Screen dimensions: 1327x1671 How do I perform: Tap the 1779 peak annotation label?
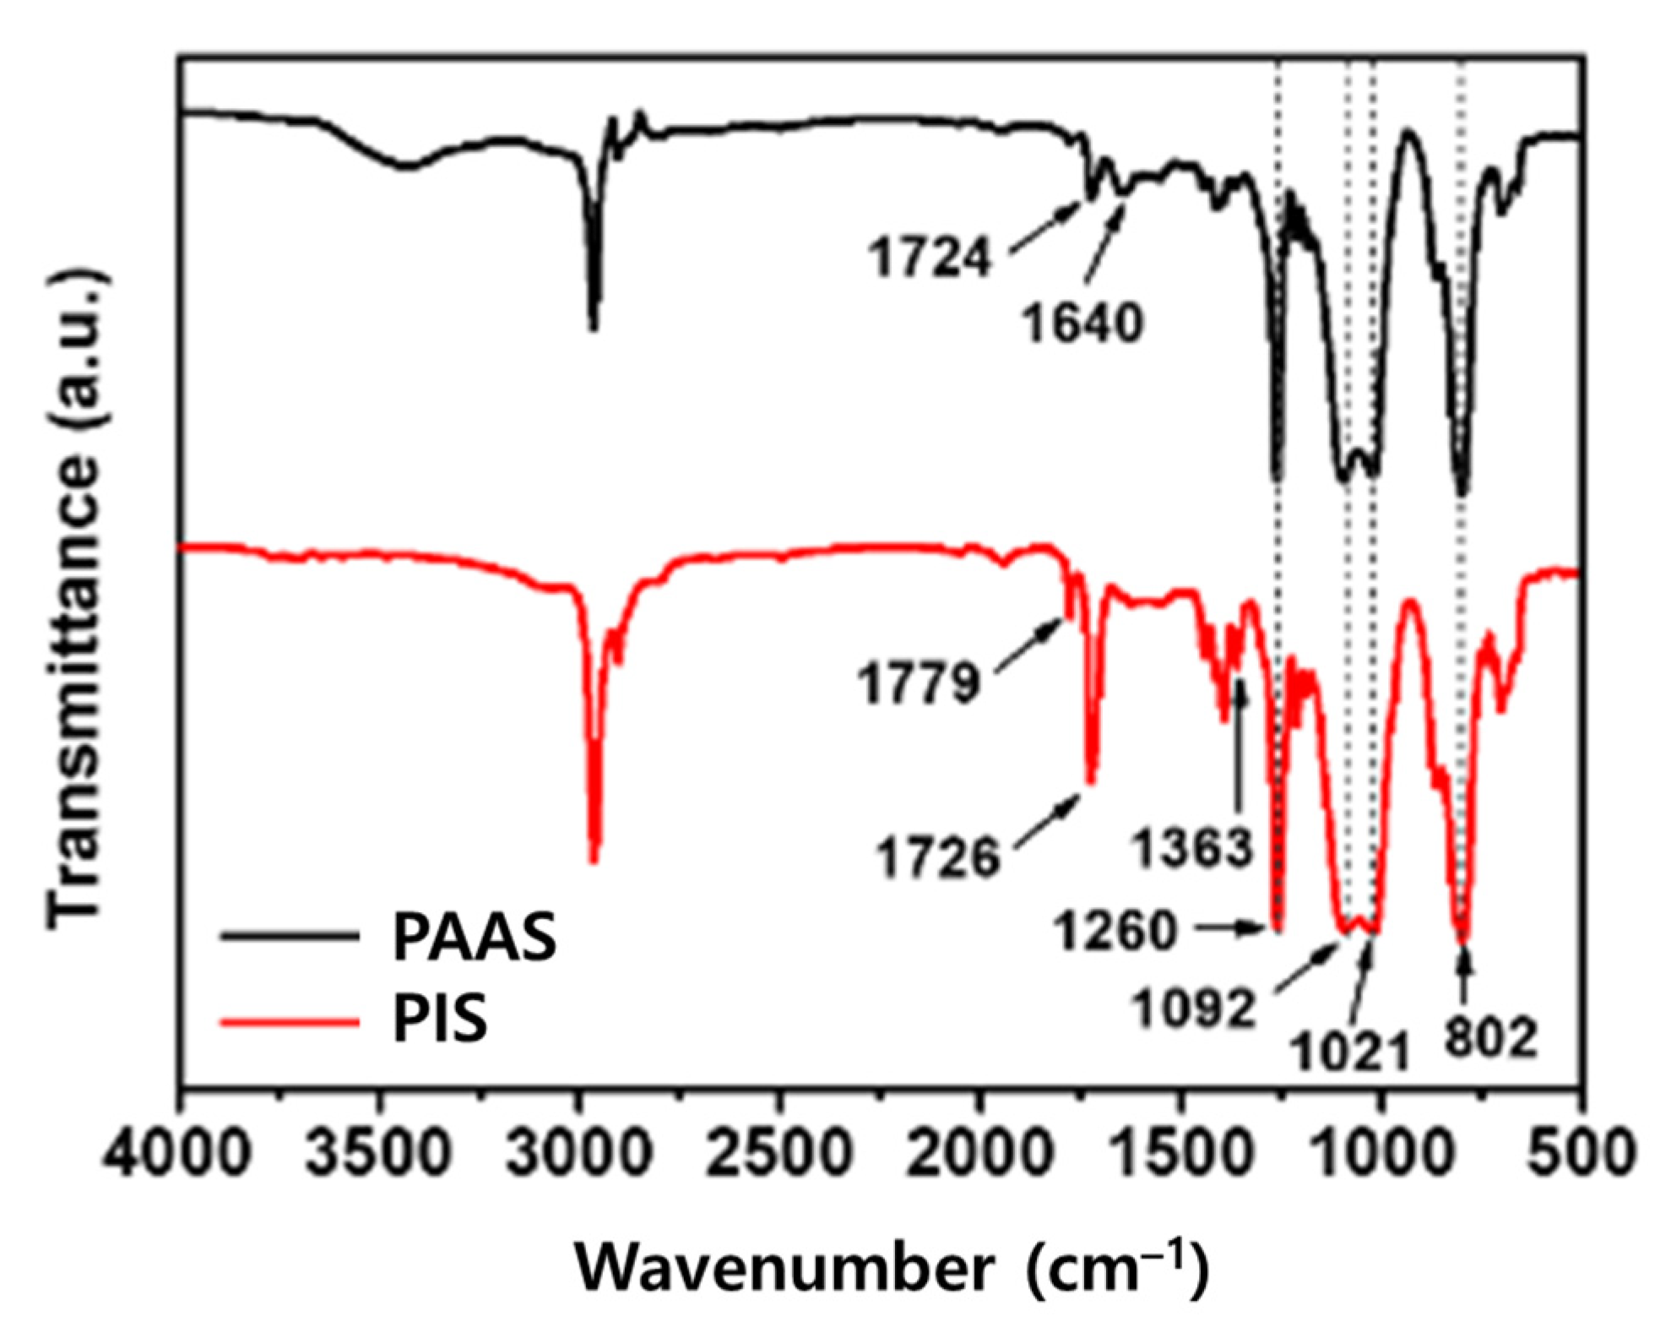920,683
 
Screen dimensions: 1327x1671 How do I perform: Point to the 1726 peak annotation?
937,857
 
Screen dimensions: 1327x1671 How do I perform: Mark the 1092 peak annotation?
1193,1007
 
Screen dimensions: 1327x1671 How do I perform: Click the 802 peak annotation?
1489,1039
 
